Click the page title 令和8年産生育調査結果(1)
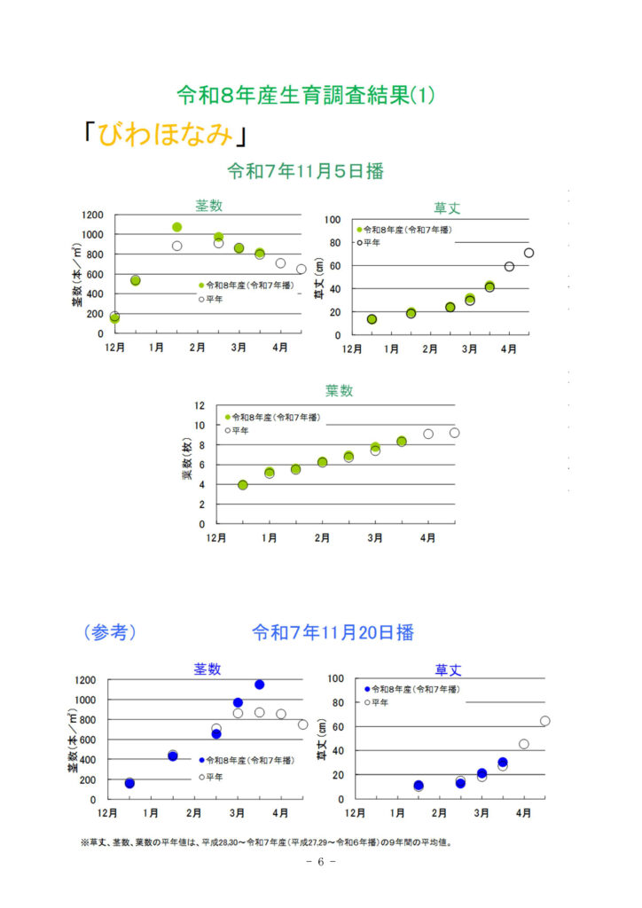tap(306, 95)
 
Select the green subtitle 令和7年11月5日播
tap(306, 171)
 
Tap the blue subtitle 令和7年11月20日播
tap(333, 632)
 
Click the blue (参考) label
tap(109, 632)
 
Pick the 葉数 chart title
tap(340, 390)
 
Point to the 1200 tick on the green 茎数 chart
tap(92, 215)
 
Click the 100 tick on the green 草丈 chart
tap(333, 219)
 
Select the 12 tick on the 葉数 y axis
tap(200, 405)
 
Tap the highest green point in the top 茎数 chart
tap(176, 227)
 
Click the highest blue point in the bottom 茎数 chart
tap(259, 685)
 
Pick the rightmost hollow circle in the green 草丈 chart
tap(528, 253)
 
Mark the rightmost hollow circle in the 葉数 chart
tap(454, 433)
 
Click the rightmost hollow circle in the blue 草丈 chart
tap(544, 721)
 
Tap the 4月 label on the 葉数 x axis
tap(427, 537)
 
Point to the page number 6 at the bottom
tap(320, 862)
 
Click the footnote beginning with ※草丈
tap(266, 842)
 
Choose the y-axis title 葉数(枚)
tap(187, 460)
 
